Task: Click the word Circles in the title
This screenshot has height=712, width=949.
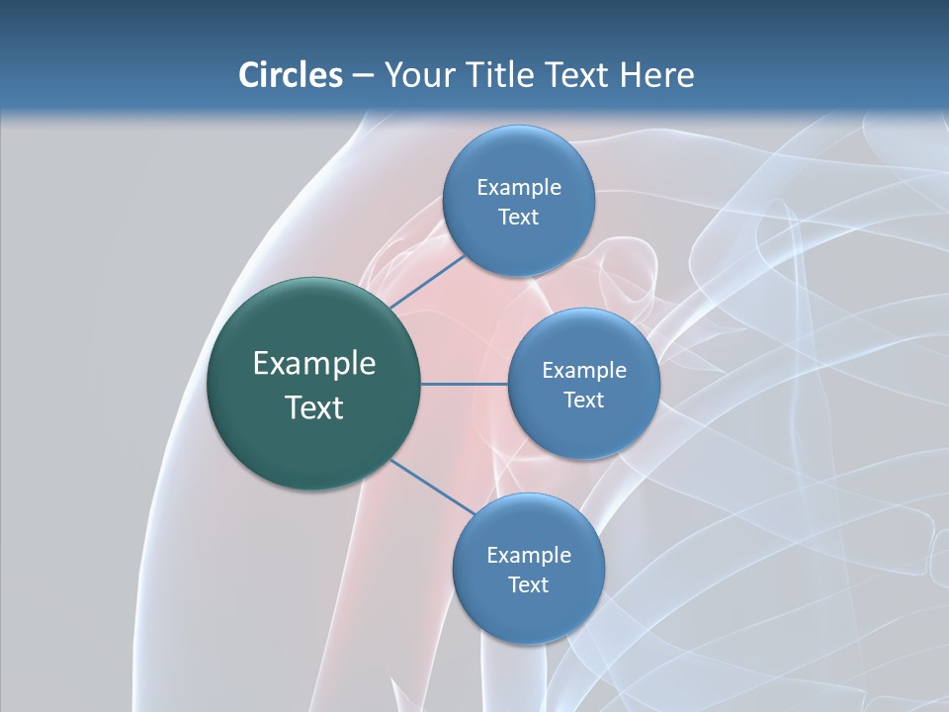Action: [291, 75]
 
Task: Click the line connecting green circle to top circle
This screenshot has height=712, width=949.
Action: [427, 281]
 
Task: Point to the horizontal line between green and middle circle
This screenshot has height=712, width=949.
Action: [465, 384]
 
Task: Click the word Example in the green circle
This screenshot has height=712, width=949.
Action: [314, 364]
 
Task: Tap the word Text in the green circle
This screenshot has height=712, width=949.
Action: [314, 407]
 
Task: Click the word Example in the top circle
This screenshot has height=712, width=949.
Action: [519, 188]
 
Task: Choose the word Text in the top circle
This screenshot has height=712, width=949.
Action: [518, 218]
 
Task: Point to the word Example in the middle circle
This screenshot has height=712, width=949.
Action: [584, 371]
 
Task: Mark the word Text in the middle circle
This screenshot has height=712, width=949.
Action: [583, 400]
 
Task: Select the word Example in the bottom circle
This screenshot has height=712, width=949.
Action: [529, 556]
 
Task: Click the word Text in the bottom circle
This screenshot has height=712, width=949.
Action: [528, 585]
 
